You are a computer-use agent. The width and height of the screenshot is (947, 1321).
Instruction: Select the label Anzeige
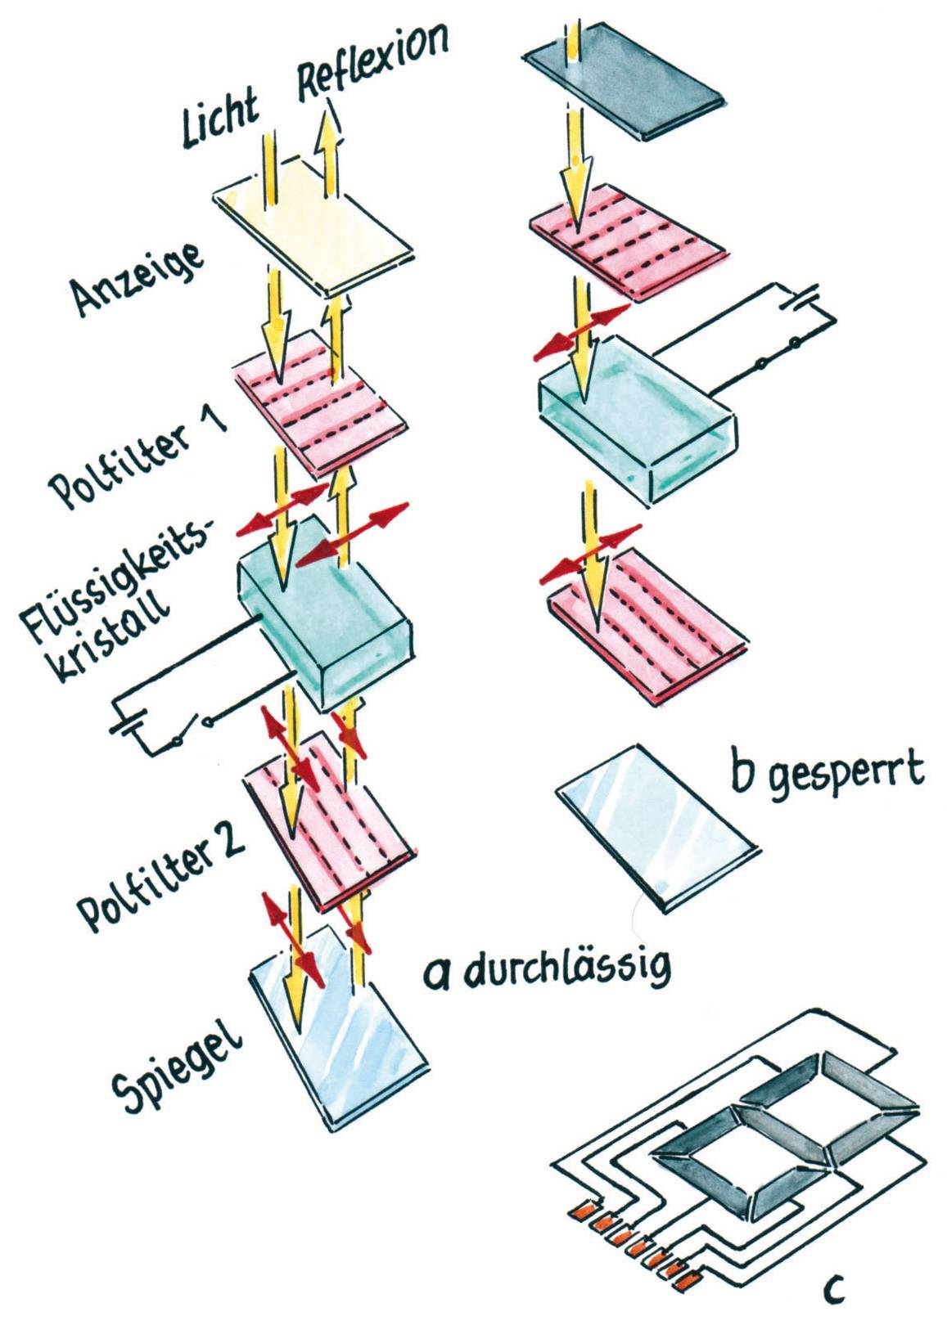pyautogui.click(x=136, y=278)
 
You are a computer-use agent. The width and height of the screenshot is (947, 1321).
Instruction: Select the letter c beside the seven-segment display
pyautogui.click(x=833, y=1289)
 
